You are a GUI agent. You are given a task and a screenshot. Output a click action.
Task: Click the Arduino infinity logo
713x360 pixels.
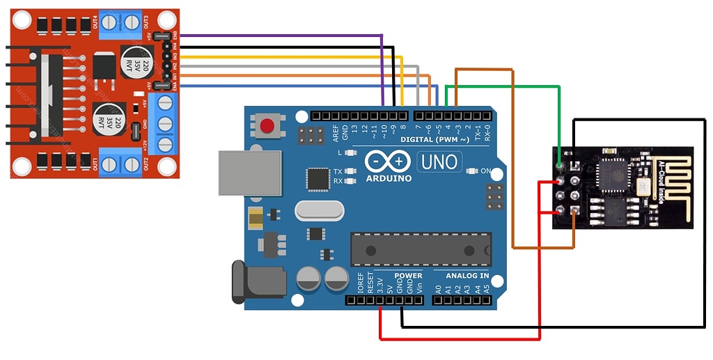[x=387, y=162]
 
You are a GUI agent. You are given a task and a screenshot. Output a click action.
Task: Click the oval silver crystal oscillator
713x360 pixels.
[x=320, y=210]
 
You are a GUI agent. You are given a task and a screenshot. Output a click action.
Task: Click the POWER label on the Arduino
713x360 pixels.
[x=408, y=276]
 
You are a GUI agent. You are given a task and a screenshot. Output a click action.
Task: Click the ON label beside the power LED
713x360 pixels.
[x=485, y=171]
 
